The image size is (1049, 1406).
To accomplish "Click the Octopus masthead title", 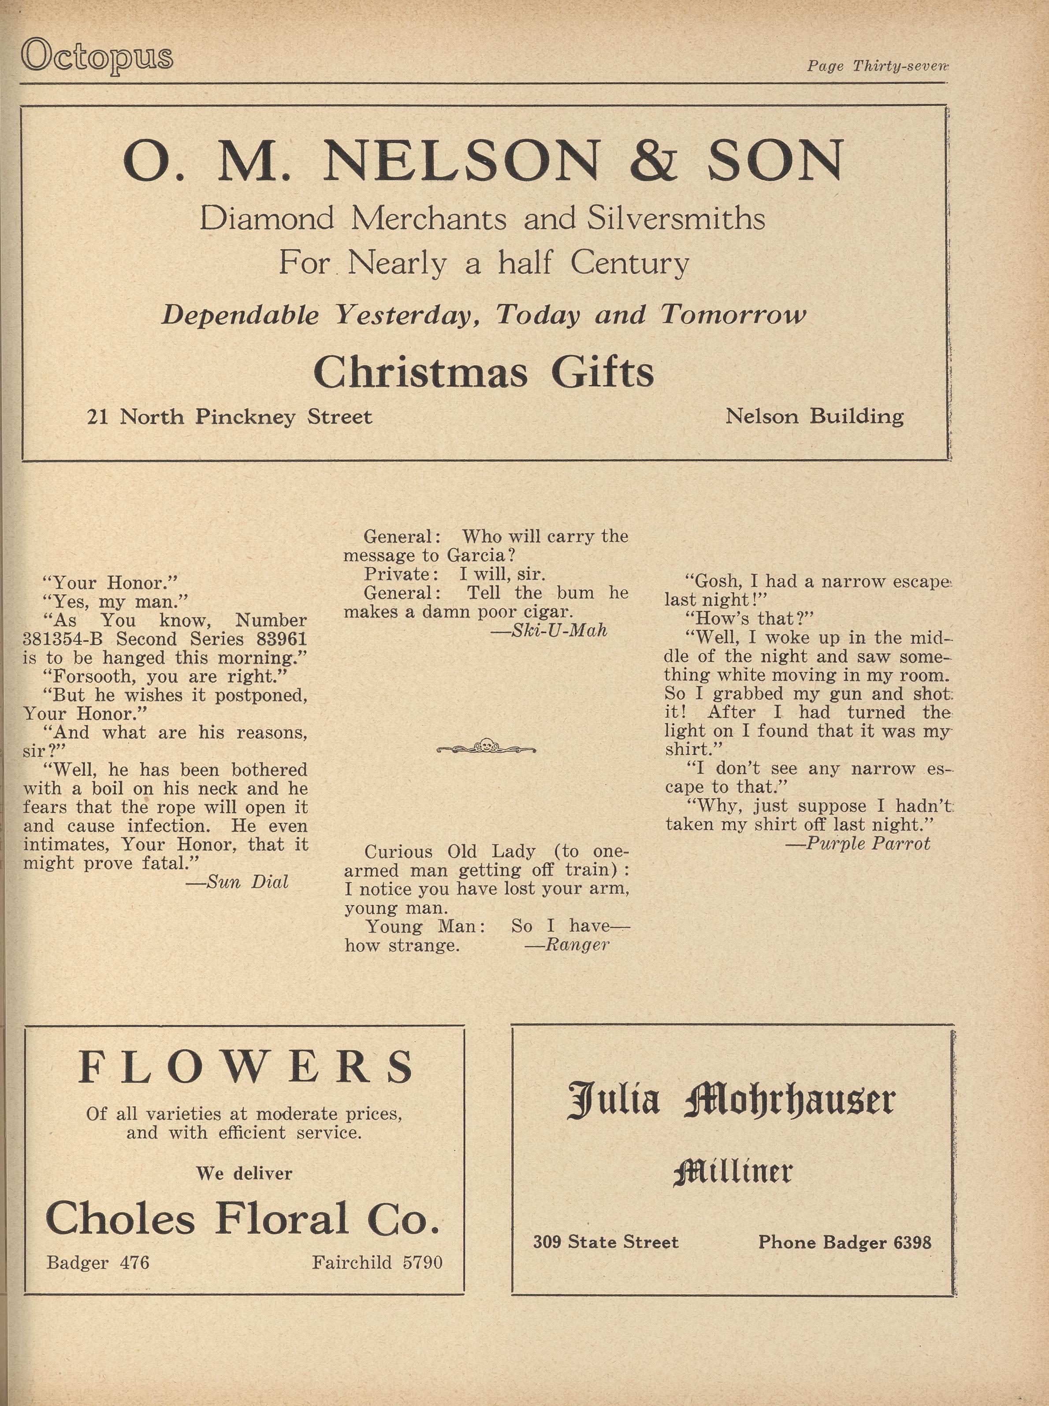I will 97,56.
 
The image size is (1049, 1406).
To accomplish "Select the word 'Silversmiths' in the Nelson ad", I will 676,219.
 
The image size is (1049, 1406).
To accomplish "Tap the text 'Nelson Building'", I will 814,417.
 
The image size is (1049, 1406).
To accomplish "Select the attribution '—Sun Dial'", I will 238,882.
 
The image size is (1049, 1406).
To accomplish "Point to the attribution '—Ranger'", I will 567,945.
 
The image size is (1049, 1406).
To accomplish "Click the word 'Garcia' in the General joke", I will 476,556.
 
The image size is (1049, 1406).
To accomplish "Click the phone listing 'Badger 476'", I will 98,1262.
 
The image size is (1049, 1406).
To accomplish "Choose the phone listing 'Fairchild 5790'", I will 377,1262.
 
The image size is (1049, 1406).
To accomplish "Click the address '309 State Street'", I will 606,1242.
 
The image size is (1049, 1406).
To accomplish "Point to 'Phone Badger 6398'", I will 844,1242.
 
